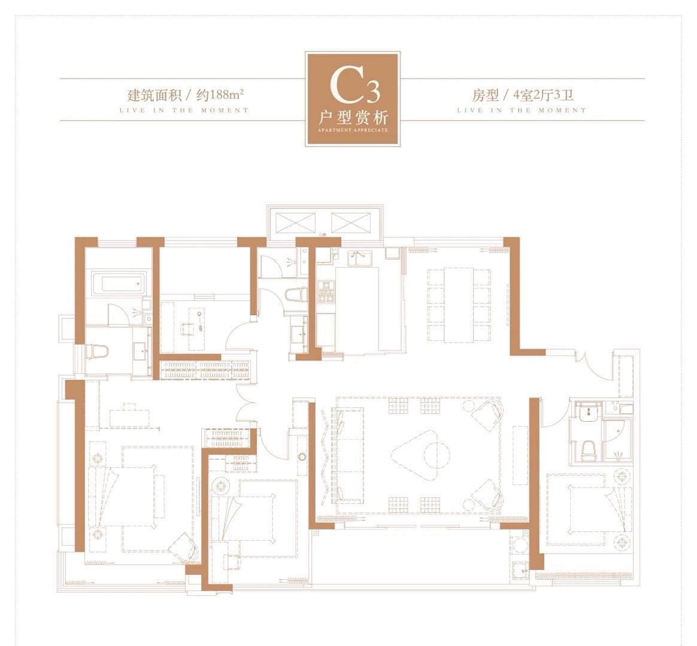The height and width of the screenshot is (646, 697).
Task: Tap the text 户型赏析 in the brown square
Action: [354, 118]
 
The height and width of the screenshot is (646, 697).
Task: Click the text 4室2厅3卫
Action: [543, 95]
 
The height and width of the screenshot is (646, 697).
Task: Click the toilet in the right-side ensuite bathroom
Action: [589, 450]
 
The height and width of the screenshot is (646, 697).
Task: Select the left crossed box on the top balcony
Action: [296, 222]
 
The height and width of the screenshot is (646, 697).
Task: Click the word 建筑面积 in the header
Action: [154, 95]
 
